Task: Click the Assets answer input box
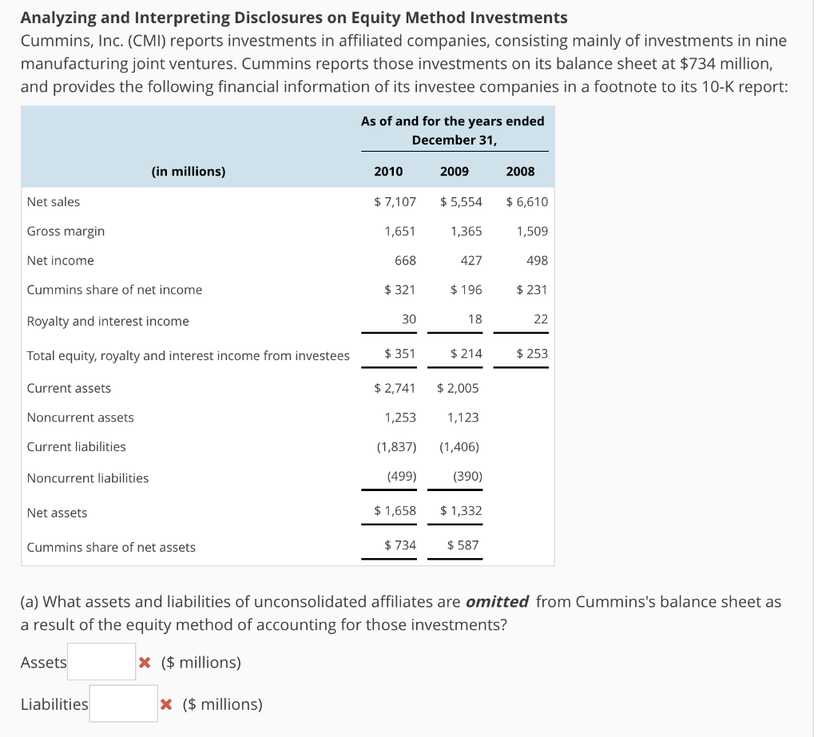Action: [101, 662]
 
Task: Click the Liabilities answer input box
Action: [123, 703]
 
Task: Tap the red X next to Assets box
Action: [145, 662]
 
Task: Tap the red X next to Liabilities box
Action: [166, 704]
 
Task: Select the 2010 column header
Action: [388, 171]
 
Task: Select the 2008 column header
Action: [521, 171]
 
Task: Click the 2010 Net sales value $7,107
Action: [395, 201]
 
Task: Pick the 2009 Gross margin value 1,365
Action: [467, 231]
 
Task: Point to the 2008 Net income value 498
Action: [536, 260]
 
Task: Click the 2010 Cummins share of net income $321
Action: [399, 289]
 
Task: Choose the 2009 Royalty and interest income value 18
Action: [475, 319]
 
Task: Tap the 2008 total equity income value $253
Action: [532, 353]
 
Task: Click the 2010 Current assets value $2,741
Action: [395, 388]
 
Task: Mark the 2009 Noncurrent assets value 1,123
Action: [463, 417]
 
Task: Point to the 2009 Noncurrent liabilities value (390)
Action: [467, 477]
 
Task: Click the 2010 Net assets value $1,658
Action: [395, 510]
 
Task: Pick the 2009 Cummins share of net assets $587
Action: [463, 545]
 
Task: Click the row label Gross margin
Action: [66, 231]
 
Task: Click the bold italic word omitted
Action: [497, 601]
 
